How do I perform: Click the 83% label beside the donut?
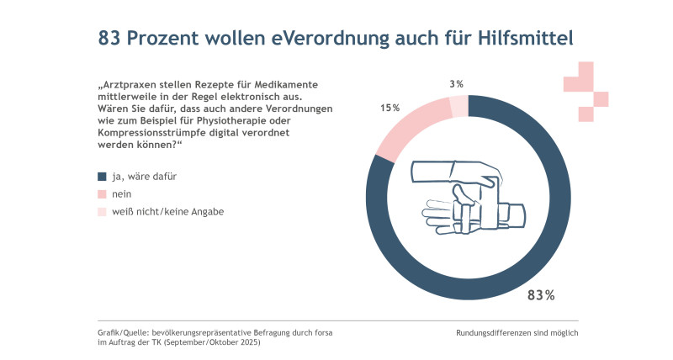541,295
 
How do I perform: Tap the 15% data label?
389,108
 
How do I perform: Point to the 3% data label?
456,84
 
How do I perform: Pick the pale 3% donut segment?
458,106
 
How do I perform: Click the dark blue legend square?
102,177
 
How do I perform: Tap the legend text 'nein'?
121,194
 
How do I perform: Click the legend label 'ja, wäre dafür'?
144,177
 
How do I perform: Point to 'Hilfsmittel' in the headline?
526,38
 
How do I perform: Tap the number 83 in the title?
109,38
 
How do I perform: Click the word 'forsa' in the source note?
323,332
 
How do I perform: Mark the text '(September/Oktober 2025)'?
212,342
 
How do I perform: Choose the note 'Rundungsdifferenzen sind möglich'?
517,333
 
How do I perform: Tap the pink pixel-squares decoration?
586,92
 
